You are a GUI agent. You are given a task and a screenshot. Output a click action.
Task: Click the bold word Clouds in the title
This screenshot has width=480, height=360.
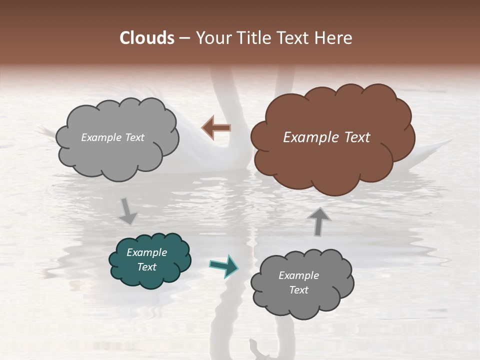click(146, 38)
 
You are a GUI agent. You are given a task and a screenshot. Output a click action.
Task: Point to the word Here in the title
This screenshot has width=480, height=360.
click(334, 38)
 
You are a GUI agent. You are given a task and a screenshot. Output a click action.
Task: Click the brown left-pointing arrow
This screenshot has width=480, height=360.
click(216, 128)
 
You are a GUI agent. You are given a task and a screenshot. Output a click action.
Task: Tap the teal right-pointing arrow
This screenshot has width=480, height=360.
click(224, 265)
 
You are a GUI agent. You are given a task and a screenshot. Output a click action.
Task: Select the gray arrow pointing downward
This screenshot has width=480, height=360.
click(128, 211)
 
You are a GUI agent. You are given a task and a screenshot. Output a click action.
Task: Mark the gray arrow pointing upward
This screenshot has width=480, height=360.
click(319, 221)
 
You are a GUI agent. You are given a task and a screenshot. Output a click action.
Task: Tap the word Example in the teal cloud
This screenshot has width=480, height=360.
click(146, 252)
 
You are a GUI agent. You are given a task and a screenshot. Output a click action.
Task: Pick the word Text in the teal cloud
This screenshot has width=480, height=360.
click(146, 267)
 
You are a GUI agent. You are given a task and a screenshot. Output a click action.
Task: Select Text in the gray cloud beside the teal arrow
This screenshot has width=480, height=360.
click(298, 290)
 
